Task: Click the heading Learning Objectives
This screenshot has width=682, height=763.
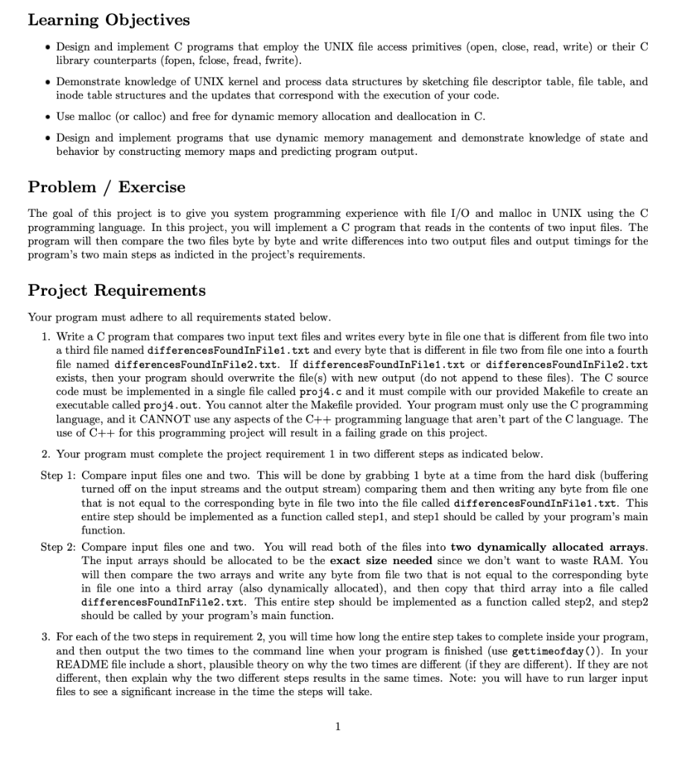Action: pos(109,20)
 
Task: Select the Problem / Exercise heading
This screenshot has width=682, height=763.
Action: pos(107,187)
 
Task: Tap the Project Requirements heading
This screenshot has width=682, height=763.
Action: pos(117,291)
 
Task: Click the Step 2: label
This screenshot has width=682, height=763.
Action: pos(58,547)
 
